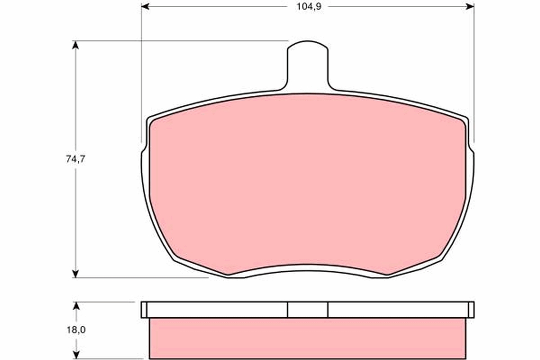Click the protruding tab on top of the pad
click(308, 65)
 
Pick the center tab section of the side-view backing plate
click(308, 310)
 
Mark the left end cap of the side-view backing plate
click(144, 310)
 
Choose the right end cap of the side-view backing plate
click(471, 310)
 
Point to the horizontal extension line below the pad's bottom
click(144, 278)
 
